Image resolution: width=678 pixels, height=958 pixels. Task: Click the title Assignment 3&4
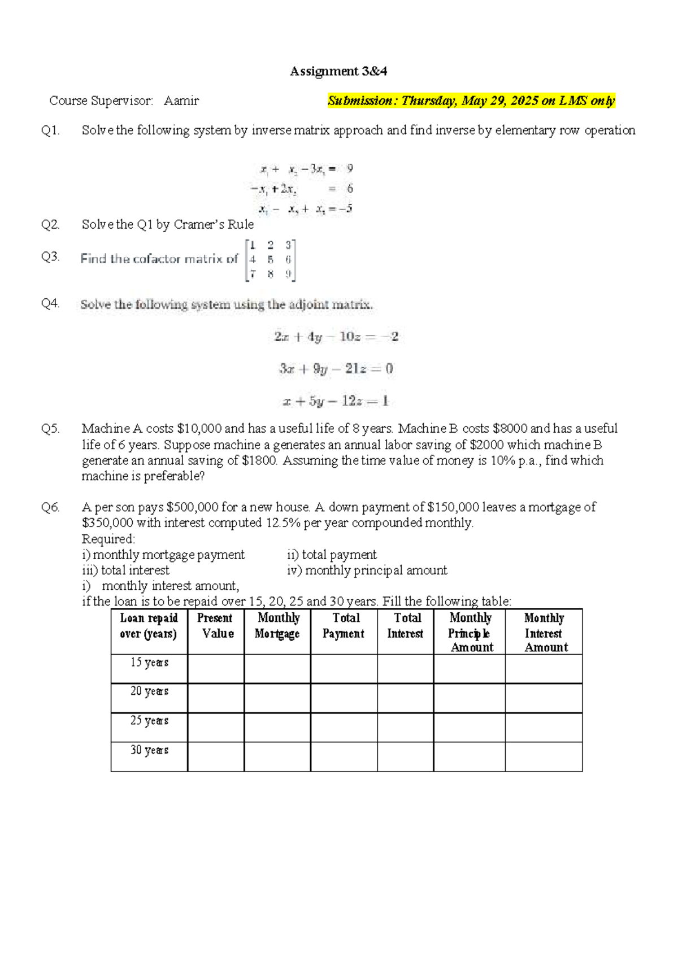[x=338, y=71]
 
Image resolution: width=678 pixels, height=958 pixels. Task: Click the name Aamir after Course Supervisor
[x=181, y=101]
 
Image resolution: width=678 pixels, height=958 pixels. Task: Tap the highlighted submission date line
[x=471, y=101]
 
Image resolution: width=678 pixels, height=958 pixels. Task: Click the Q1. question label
[x=50, y=130]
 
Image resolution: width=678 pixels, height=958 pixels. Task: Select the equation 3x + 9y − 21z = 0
[x=336, y=369]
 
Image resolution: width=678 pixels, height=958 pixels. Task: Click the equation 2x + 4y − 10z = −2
[x=336, y=337]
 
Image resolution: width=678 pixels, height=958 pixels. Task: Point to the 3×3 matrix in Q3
[x=270, y=260]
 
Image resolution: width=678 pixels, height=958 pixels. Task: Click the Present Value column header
[x=216, y=626]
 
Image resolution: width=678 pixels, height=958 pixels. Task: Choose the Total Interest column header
[x=406, y=626]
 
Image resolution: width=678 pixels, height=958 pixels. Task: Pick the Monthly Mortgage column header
[x=277, y=626]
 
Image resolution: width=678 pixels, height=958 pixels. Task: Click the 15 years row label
[x=149, y=663]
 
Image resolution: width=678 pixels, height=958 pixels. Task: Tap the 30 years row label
[x=149, y=750]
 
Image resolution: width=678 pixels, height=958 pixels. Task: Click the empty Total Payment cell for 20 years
[x=344, y=698]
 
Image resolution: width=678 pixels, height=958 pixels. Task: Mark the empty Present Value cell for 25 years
[x=216, y=728]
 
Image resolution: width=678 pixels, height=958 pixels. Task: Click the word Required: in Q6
[x=108, y=539]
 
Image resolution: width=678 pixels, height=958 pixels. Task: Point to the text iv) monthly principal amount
[x=367, y=571]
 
